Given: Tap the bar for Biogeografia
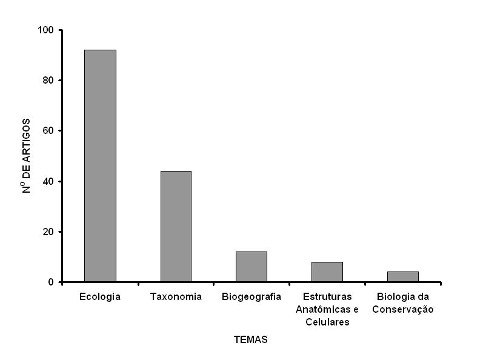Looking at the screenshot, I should coord(251,267).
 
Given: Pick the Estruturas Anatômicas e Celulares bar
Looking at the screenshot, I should coord(327,272).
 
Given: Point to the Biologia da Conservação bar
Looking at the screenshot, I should coord(403,276).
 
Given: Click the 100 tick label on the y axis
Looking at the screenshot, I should coord(46,30).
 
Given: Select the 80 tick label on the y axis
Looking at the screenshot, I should coord(48,80).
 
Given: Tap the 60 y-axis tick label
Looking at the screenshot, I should coord(48,131).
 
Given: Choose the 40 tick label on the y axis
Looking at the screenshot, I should coord(48,181).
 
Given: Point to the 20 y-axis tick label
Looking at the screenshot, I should coord(48,232).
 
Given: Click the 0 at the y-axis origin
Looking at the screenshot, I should coord(51,282).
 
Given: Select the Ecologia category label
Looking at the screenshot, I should coord(100,297).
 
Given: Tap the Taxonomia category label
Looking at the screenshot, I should coord(176,297).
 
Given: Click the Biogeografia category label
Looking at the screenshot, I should coord(251,297).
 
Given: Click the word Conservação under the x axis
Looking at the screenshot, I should coord(403,309).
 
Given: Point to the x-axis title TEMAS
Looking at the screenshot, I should coord(250,340).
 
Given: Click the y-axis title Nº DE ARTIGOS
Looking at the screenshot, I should coord(27,156).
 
